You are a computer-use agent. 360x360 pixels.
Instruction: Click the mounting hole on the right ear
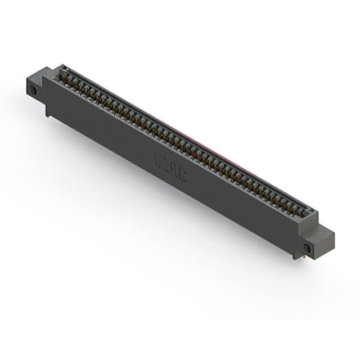pos(307,247)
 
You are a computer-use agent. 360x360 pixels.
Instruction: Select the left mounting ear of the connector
pos(37,84)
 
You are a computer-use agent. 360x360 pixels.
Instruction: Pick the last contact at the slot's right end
pos(306,213)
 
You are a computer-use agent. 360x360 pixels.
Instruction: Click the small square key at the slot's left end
pos(62,68)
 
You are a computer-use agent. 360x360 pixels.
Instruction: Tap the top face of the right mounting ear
pos(325,232)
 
